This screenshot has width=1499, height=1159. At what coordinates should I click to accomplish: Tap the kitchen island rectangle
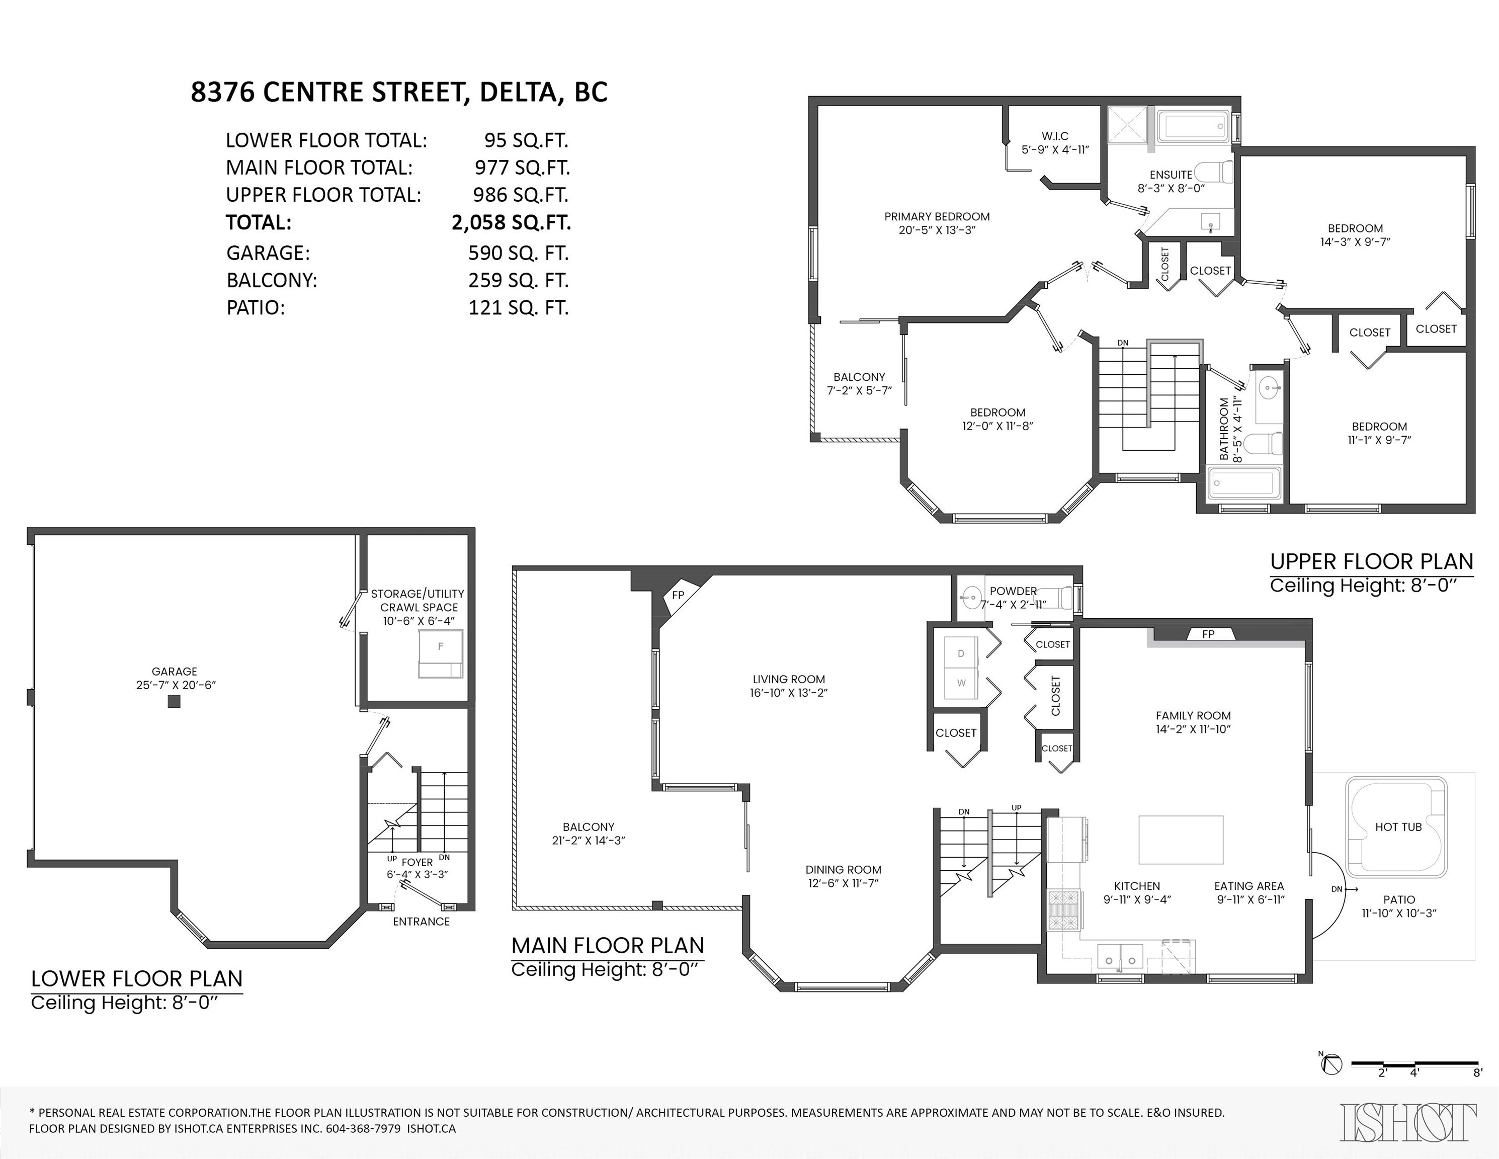point(1181,839)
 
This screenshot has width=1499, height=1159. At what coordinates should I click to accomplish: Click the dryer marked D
point(961,653)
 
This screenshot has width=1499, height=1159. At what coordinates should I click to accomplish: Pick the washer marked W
point(961,683)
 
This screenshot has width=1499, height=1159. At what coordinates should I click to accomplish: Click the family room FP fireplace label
point(1208,634)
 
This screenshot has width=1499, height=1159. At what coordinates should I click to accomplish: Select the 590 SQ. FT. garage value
point(518,253)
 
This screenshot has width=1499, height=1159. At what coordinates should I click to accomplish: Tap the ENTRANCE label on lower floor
point(421,922)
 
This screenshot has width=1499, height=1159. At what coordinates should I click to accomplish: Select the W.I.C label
point(1054,136)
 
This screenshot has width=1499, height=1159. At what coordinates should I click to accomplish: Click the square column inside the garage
point(175,701)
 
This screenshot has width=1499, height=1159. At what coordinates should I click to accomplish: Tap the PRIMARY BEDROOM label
point(936,216)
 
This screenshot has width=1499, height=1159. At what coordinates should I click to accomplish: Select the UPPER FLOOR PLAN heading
point(1371,561)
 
